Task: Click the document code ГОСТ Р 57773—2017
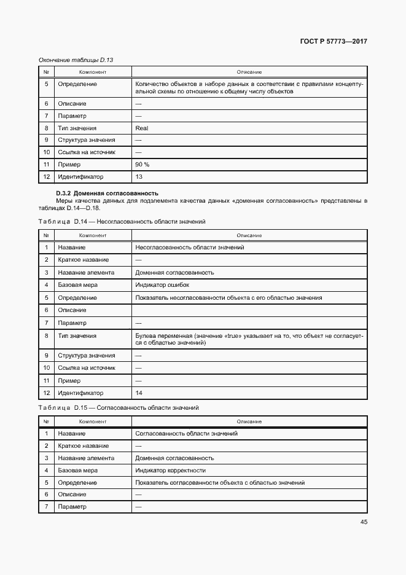pos(334,42)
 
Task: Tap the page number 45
pos(364,522)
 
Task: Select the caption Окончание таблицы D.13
pos(76,60)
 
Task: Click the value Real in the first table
pos(141,128)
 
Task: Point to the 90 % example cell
pos(142,165)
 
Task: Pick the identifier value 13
pos(139,177)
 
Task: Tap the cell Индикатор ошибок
pos(162,285)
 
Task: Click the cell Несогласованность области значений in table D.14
pos(190,248)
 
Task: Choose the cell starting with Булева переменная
pos(249,340)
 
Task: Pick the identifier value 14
pos(139,393)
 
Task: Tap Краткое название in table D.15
pos(84,446)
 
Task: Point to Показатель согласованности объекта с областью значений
pos(220,483)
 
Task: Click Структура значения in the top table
pos(87,140)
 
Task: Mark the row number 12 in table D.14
pos(46,393)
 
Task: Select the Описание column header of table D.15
pos(249,421)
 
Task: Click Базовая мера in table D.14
pos(78,285)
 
